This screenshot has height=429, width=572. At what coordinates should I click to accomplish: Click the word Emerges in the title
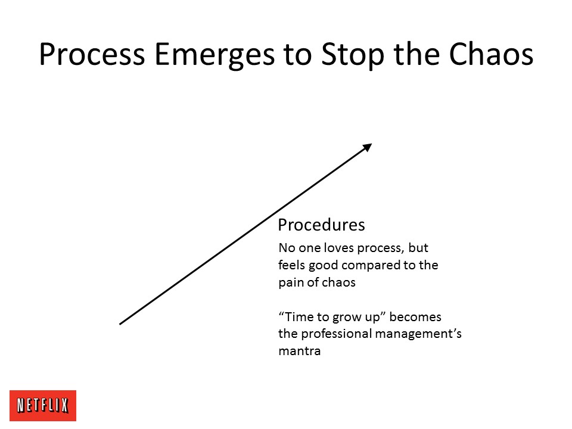click(214, 55)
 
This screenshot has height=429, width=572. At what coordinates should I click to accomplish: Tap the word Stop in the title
click(353, 55)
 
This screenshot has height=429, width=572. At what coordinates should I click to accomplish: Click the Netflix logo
click(43, 405)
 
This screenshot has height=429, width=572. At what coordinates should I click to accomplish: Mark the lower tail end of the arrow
click(120, 324)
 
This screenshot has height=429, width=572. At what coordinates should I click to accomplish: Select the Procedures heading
click(321, 225)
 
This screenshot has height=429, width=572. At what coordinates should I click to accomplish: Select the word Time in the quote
click(298, 316)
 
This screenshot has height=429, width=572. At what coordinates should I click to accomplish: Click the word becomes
click(415, 316)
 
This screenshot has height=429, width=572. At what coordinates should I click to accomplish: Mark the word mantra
click(300, 352)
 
